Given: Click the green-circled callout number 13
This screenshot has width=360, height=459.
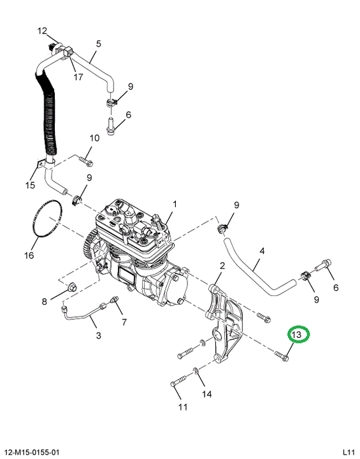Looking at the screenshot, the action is (297, 334).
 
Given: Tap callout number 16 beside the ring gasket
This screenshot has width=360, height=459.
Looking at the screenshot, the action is (29, 255).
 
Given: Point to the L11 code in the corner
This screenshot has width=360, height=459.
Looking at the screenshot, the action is (349, 452).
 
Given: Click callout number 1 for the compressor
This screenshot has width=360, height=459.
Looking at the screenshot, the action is (175, 204).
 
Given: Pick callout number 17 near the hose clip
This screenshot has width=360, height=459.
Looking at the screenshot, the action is (78, 77).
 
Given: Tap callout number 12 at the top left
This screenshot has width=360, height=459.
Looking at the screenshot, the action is (42, 31).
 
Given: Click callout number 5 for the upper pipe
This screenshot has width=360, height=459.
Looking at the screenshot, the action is (98, 44).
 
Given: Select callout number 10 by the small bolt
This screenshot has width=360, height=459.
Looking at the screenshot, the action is (94, 138).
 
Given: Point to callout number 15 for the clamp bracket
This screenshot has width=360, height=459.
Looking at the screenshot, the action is (30, 185).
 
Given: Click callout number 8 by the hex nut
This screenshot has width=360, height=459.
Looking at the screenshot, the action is (44, 301).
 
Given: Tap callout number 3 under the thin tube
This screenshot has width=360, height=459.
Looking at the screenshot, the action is (98, 335).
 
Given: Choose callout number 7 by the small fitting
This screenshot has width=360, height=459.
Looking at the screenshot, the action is (124, 322).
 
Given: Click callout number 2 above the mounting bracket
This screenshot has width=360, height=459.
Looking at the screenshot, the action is (222, 266).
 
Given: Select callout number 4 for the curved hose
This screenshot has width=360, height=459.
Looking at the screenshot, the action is (262, 251).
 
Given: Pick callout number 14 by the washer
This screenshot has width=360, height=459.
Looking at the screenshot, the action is (206, 394).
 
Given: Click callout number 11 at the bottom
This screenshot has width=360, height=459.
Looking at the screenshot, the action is (183, 407).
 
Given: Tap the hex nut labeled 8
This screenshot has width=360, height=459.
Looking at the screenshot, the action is (72, 287).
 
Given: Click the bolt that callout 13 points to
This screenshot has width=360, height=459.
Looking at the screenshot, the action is (282, 355).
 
